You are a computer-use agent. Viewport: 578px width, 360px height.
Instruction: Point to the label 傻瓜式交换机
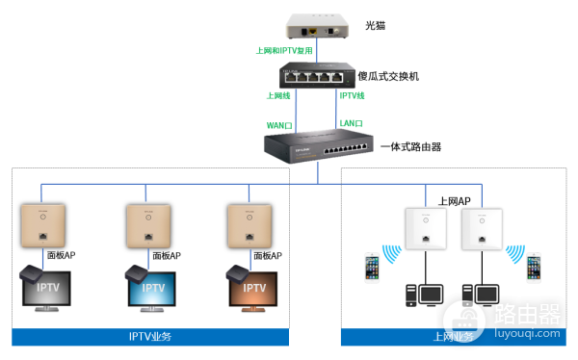pos(389,75)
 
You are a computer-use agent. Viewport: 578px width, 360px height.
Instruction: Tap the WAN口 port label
pos(279,124)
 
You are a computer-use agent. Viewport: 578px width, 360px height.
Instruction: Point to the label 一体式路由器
pos(410,147)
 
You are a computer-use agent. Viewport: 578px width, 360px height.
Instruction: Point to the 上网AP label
pos(455,201)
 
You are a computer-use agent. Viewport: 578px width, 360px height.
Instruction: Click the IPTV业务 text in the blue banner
pos(150,337)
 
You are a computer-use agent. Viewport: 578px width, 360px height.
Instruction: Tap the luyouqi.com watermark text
pos(527,330)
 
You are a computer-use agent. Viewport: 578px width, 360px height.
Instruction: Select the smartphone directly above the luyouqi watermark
pos(533,267)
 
